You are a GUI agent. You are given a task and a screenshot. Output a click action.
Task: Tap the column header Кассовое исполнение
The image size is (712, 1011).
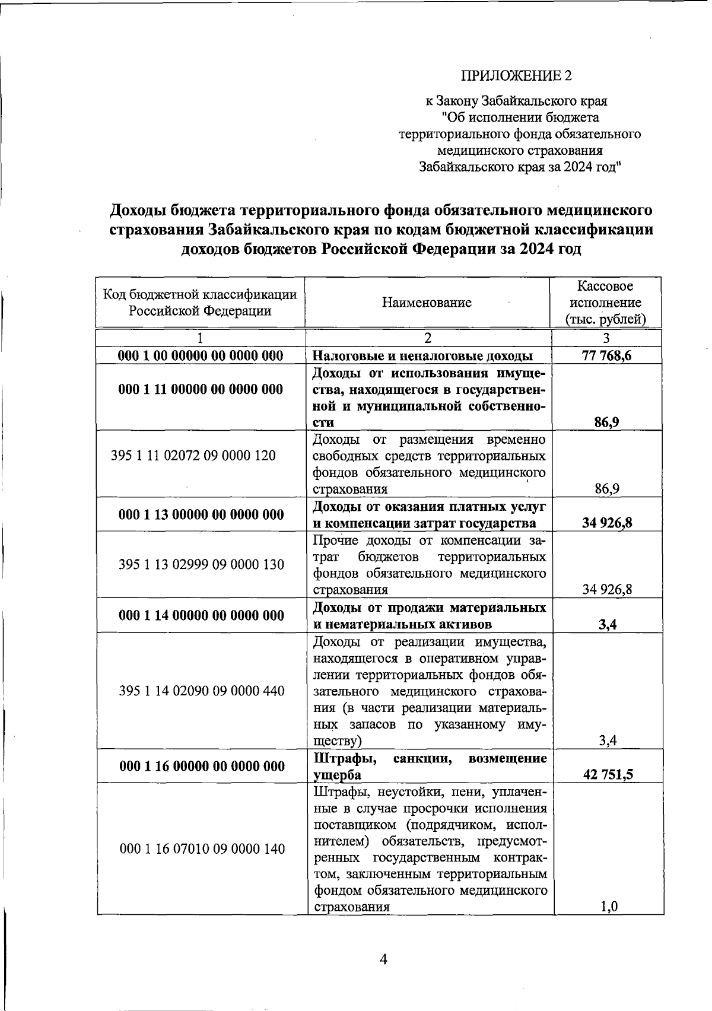click(x=605, y=303)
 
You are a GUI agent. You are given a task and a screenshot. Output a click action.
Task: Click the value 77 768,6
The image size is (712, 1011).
click(x=606, y=356)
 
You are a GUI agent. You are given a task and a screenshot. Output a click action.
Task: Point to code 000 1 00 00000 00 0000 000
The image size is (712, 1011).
click(x=201, y=356)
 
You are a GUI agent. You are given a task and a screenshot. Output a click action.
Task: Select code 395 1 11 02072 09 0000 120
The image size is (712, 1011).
click(x=193, y=456)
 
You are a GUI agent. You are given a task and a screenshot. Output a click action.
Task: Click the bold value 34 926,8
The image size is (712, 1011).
click(x=607, y=523)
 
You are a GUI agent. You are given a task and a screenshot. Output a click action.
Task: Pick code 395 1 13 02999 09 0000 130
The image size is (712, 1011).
click(x=201, y=564)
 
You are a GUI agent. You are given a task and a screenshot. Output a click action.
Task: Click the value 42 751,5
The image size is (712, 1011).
click(x=608, y=774)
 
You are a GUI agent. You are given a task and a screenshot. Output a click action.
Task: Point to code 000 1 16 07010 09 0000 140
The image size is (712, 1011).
click(x=202, y=849)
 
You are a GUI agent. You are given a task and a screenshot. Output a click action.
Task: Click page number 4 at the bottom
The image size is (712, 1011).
click(x=383, y=959)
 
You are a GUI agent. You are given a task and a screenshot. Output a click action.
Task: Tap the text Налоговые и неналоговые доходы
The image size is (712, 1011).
click(x=422, y=356)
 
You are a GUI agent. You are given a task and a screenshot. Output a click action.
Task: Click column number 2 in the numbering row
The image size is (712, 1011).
click(x=428, y=338)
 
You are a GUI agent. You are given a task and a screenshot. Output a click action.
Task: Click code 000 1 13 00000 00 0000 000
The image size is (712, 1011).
click(x=201, y=514)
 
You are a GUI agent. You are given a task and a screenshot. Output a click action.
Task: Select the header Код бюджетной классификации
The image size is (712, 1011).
click(x=200, y=294)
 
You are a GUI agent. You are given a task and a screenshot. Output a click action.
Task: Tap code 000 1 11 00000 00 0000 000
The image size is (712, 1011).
click(x=201, y=389)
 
